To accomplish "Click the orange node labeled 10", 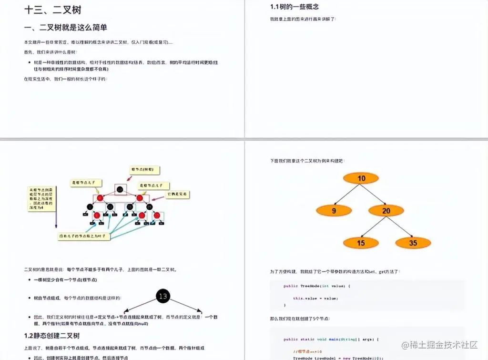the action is coord(361,178).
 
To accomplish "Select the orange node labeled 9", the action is coord(334,210).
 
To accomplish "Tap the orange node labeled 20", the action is coord(386,210).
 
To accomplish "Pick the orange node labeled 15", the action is coord(361,243).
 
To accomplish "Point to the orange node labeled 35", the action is coord(413,243).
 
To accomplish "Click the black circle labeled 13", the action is coord(163,297).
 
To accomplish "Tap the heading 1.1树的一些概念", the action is coord(295,7).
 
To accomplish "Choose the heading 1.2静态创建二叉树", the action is coord(52,336).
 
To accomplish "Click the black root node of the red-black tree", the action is coord(120,189).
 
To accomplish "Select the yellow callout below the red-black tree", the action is coord(84,236).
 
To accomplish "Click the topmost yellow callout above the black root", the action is coord(144,170).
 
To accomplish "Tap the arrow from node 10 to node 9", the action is coord(347,195).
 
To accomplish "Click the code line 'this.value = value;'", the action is coord(315,298).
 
